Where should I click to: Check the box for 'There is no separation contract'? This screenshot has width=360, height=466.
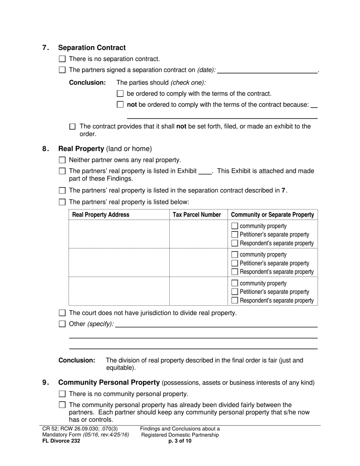(63, 59)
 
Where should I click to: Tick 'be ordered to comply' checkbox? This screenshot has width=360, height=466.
(121, 94)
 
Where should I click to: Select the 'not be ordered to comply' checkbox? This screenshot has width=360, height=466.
(121, 105)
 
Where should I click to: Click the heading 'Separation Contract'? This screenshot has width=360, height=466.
(92, 48)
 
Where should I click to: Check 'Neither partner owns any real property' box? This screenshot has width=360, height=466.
(63, 160)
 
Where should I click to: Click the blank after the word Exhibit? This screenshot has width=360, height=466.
(205, 171)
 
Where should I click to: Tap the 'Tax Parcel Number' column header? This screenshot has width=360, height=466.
(197, 215)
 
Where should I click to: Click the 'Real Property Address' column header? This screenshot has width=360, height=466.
(101, 215)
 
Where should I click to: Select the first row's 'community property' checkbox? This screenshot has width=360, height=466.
(235, 226)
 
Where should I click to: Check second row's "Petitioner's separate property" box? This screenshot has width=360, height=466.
(235, 263)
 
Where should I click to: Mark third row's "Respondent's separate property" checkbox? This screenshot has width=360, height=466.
(235, 300)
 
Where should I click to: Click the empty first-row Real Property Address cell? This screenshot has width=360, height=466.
(119, 234)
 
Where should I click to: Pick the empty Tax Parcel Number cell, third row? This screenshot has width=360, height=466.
(198, 291)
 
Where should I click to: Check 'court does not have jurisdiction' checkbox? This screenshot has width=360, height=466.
(63, 313)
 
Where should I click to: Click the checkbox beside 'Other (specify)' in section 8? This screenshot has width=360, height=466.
(63, 324)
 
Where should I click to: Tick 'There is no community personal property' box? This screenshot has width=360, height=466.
(63, 394)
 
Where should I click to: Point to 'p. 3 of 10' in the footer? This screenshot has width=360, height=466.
(180, 441)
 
